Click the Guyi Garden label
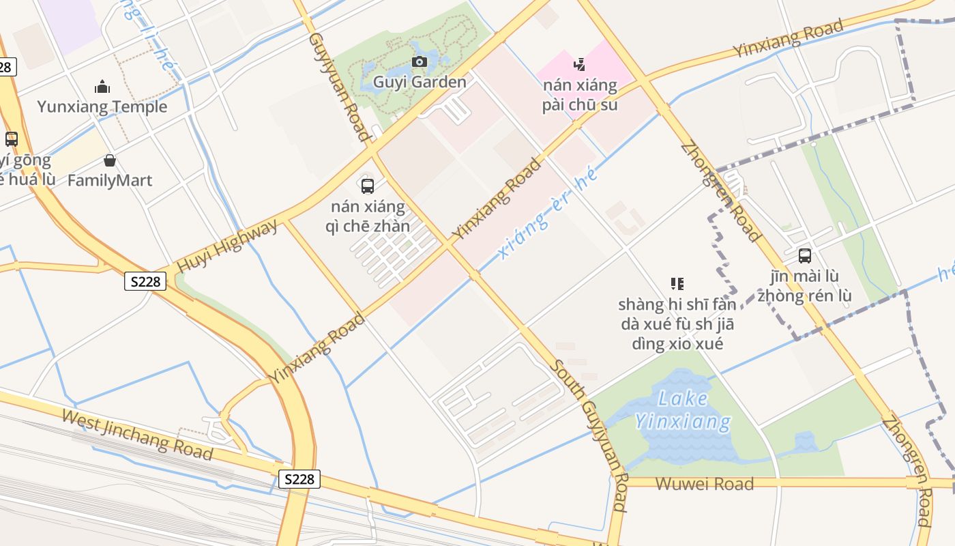coord(420,83)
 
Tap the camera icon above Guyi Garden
coord(420,63)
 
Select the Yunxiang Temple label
coord(102,107)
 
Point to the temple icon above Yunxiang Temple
coord(102,87)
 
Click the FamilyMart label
coord(110,181)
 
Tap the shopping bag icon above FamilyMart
coord(110,161)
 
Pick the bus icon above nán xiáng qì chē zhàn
coord(368,186)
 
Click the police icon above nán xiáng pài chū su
coord(580,65)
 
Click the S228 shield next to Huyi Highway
coord(145,281)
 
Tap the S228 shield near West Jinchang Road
coord(299,479)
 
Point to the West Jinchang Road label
coord(136,434)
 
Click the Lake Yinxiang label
coord(684,409)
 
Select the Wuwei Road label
coord(704,484)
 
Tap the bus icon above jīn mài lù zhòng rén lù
coord(805,256)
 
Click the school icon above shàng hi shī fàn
coord(677,283)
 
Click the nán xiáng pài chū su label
coord(580,95)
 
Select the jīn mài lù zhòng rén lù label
coord(805,286)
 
